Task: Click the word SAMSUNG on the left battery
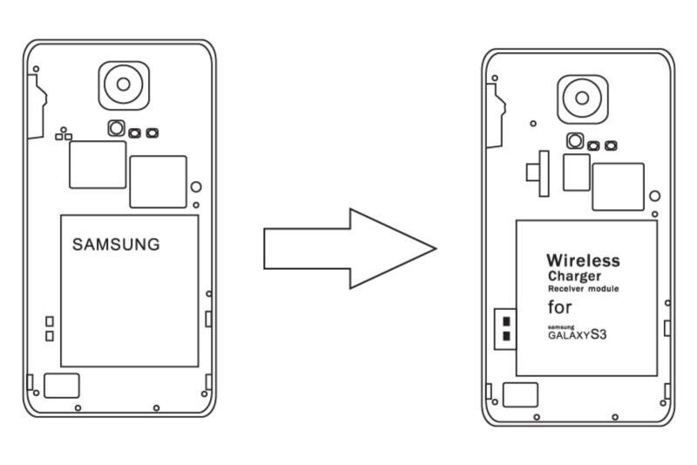tap(116, 245)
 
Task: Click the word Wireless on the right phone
tap(583, 259)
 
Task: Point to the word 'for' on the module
tap(560, 307)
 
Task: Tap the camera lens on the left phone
tap(123, 84)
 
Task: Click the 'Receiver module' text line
tap(583, 288)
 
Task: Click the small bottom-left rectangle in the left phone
tap(62, 385)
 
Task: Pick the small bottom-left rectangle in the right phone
tap(521, 394)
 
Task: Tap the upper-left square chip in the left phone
tap(98, 164)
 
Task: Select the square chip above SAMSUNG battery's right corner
tap(158, 181)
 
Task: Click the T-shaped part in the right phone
tap(538, 172)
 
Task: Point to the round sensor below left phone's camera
tap(116, 130)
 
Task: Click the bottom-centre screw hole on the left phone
tap(155, 408)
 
